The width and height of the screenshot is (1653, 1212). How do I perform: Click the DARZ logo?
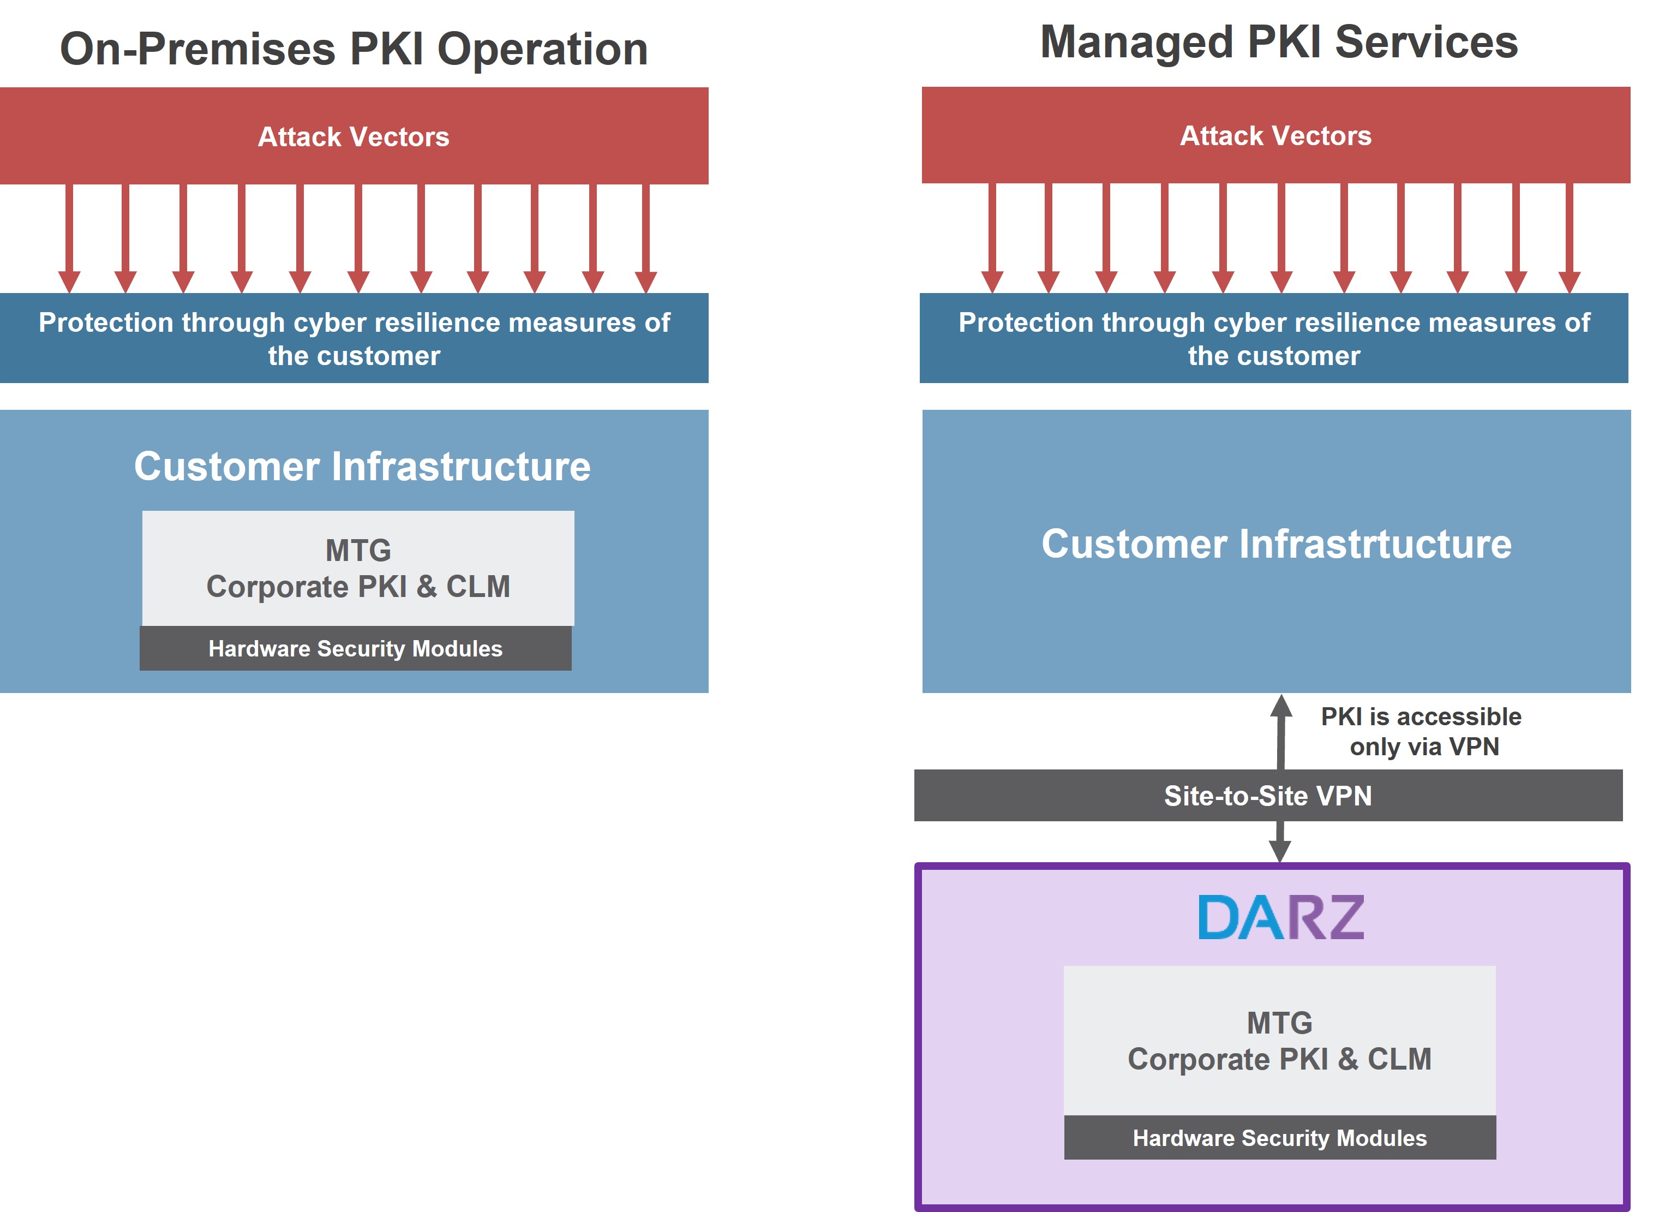(1280, 917)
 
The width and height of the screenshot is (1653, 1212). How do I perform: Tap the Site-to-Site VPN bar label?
(1267, 796)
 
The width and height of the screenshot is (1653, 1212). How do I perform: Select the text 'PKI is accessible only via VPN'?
(1421, 731)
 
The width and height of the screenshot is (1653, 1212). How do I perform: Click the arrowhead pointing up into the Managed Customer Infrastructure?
(1281, 707)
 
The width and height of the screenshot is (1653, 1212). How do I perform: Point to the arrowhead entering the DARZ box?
(1280, 851)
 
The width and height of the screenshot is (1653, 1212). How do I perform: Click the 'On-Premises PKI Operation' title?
(354, 49)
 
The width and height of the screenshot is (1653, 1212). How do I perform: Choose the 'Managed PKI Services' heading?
(1278, 42)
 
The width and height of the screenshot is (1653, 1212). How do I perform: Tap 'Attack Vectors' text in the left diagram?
(354, 137)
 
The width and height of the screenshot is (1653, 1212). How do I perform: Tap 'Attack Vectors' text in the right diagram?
(1275, 136)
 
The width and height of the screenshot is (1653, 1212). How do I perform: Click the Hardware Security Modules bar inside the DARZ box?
(1280, 1138)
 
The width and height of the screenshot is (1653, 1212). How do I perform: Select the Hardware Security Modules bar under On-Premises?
(356, 648)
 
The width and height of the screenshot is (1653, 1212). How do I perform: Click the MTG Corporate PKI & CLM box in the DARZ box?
(1280, 1040)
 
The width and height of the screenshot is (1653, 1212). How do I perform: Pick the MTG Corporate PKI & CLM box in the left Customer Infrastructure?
(358, 568)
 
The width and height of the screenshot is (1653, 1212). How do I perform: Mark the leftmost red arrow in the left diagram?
(69, 238)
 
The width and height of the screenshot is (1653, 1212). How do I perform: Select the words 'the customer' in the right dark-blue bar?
(1274, 356)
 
